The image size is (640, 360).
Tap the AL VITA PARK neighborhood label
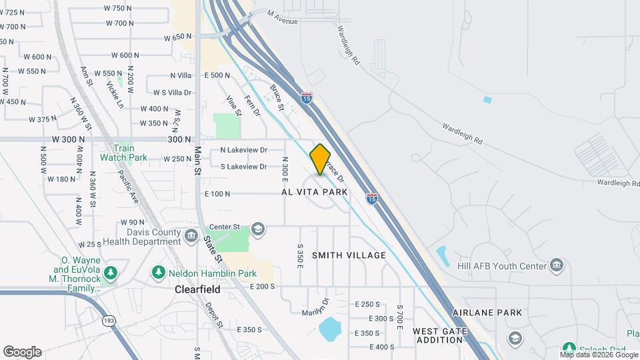pyautogui.click(x=314, y=192)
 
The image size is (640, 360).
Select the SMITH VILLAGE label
pyautogui.click(x=349, y=255)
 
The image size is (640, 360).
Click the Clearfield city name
pyautogui.click(x=197, y=290)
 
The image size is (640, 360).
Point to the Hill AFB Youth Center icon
pyautogui.click(x=556, y=266)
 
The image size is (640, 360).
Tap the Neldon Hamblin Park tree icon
pyautogui.click(x=159, y=273)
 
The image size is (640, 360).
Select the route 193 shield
pyautogui.click(x=107, y=321)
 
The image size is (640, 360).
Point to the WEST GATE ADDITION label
pyautogui.click(x=437, y=335)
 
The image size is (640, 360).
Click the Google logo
pyautogui.click(x=22, y=352)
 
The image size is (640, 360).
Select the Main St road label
pyautogui.click(x=198, y=161)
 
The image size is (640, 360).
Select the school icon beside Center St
pyautogui.click(x=258, y=231)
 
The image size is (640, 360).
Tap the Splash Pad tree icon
pyautogui.click(x=568, y=348)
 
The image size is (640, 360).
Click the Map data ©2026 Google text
pyautogui.click(x=598, y=355)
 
